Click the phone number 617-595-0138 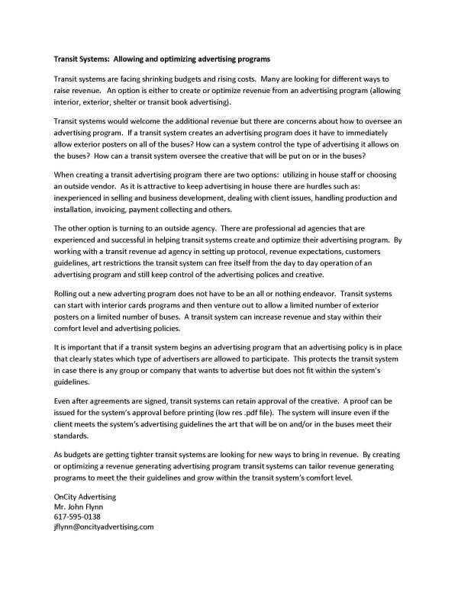pyautogui.click(x=77, y=516)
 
